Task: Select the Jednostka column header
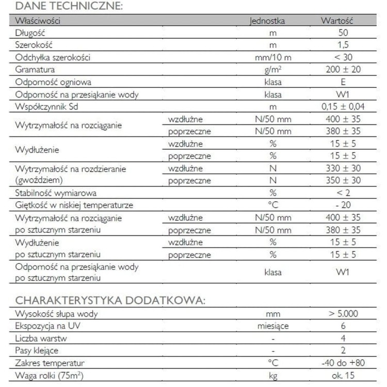tap(267, 21)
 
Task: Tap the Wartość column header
tap(336, 21)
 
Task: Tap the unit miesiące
tap(273, 326)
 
